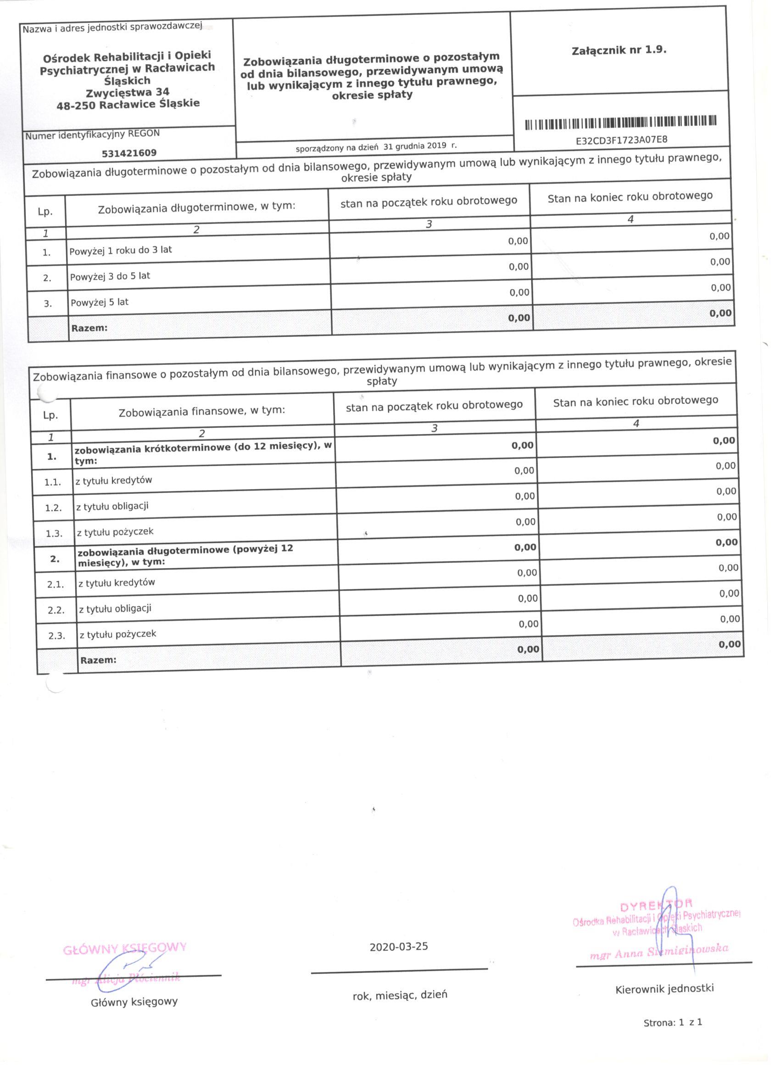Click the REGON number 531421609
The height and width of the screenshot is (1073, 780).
(129, 153)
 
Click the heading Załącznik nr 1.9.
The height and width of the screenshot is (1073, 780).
(619, 50)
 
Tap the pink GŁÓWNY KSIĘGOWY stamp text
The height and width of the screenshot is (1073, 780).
(125, 948)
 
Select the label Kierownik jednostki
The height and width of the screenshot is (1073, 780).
(664, 985)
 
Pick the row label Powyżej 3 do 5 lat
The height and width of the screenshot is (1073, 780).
(110, 276)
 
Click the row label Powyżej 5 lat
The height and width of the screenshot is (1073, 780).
(99, 302)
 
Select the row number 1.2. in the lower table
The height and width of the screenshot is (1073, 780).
(53, 508)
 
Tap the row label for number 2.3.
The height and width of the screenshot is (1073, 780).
(118, 634)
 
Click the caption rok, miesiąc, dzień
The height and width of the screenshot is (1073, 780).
(400, 991)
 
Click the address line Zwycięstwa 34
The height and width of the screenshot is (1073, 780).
(127, 92)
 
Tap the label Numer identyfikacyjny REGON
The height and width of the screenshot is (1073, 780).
(92, 134)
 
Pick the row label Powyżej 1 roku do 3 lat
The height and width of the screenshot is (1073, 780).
(121, 250)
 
